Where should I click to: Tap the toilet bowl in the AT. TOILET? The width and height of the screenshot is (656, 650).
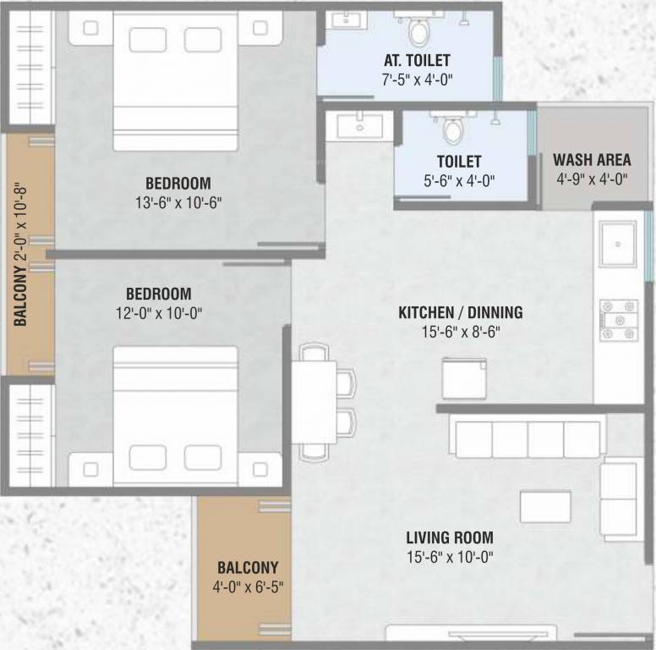[x=418, y=31]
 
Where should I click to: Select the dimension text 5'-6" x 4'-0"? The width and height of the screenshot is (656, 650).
[x=459, y=179]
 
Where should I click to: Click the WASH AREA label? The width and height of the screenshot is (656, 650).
[x=592, y=160]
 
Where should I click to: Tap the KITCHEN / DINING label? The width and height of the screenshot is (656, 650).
[x=461, y=312]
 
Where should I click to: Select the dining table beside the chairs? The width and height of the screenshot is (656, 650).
[x=314, y=402]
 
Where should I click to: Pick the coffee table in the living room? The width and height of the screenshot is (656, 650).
[x=544, y=506]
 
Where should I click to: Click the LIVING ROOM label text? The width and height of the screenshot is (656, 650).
[x=449, y=537]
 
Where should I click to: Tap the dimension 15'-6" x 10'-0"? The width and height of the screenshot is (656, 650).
[x=449, y=556]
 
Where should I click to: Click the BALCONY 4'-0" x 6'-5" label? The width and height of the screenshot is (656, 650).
[x=248, y=576]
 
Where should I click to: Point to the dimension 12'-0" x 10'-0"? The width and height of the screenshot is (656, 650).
[x=159, y=313]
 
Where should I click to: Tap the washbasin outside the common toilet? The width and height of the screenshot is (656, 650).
[x=359, y=126]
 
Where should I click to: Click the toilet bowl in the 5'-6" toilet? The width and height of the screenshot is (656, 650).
[x=454, y=129]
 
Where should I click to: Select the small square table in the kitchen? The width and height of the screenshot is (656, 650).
[x=464, y=378]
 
